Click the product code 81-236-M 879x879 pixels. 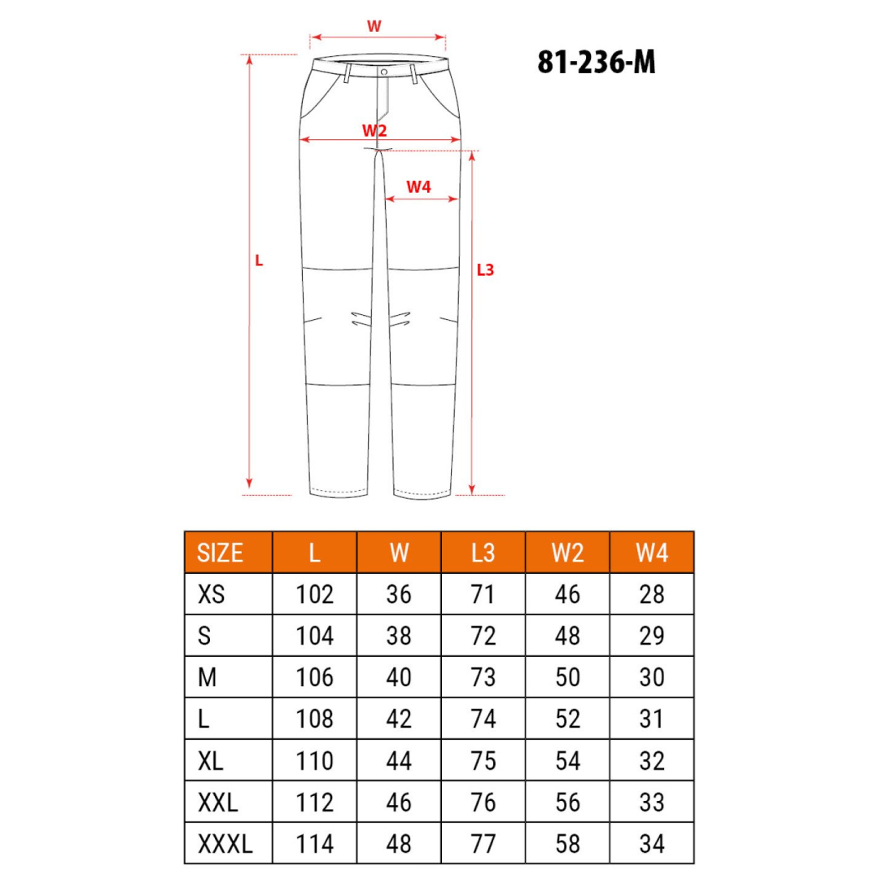[596, 62]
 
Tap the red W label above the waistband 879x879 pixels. [374, 25]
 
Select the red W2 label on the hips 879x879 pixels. [374, 129]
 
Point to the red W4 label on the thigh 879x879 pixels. [418, 186]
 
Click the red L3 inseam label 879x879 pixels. [485, 269]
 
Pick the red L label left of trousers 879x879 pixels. [259, 261]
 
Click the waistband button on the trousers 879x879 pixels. [383, 72]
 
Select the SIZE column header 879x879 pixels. [221, 553]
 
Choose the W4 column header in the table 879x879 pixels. [652, 553]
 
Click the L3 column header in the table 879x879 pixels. [483, 553]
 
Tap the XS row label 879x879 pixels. [211, 594]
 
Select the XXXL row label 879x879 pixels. [225, 844]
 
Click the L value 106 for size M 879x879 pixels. [315, 677]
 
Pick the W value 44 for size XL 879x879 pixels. [399, 761]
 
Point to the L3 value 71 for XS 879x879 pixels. [483, 594]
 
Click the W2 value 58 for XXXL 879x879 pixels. [568, 844]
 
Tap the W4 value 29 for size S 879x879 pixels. [652, 636]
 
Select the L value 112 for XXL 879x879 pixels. [315, 802]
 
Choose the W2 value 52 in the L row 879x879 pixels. [568, 719]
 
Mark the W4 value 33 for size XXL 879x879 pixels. [652, 802]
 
